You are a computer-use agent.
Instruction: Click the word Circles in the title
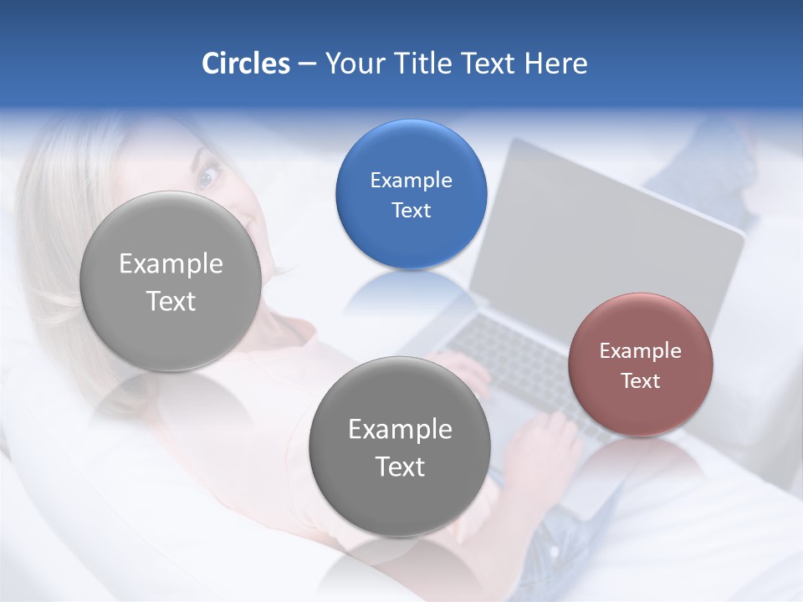point(245,64)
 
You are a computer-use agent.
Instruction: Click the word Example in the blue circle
point(411,181)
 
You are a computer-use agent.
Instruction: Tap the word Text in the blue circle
point(411,211)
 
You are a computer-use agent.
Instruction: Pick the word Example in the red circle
point(640,351)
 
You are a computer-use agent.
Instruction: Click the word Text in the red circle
point(640,381)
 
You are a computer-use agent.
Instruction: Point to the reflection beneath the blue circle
point(410,293)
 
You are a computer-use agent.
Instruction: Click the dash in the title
point(307,64)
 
